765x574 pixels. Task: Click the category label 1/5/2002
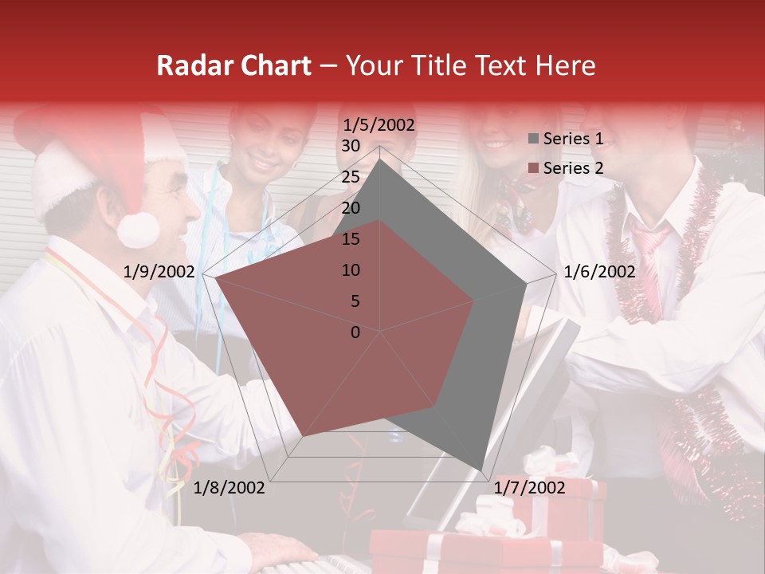pos(379,125)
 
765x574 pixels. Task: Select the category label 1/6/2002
pos(599,272)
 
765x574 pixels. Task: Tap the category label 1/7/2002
pos(529,487)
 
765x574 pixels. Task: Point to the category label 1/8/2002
pos(229,487)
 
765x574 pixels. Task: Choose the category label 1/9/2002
pos(159,272)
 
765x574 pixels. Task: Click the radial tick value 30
pos(351,146)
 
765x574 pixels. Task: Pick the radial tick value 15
pos(351,239)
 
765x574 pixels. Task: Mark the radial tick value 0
pos(355,332)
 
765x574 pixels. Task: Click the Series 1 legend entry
pos(566,139)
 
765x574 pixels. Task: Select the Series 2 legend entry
pos(566,168)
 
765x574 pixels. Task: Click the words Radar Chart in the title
pos(233,66)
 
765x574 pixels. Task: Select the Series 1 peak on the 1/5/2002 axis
pos(380,159)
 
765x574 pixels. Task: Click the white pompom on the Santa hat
pos(138,230)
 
